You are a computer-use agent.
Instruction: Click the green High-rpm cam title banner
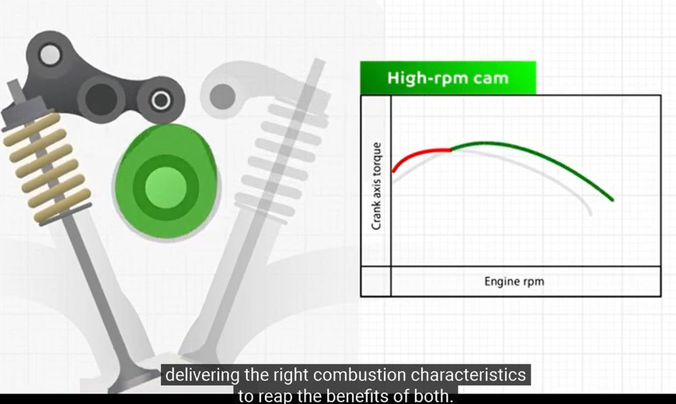(x=448, y=78)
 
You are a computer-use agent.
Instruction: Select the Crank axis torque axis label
(x=378, y=185)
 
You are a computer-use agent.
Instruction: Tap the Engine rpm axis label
(x=513, y=281)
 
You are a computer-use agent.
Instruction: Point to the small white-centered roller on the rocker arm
(x=161, y=101)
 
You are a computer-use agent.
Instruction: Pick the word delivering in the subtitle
(x=197, y=374)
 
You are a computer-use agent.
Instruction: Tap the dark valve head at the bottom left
(x=125, y=378)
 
